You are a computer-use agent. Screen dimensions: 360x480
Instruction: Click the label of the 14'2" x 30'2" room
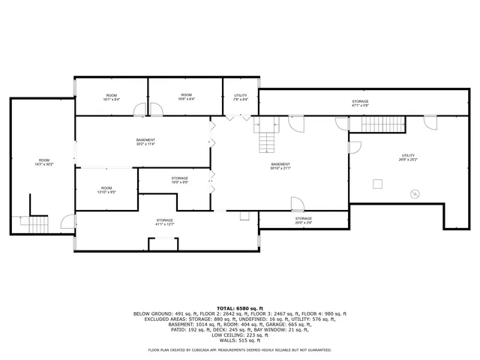pos(44,162)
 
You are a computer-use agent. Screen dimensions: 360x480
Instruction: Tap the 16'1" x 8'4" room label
pos(111,97)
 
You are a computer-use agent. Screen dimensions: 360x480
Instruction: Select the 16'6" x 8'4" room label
pos(186,97)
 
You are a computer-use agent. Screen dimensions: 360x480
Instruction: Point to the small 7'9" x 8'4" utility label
pos(241,97)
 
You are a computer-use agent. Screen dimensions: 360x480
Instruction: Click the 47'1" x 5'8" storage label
pos(360,103)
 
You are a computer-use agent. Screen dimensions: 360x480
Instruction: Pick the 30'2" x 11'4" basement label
pos(145,142)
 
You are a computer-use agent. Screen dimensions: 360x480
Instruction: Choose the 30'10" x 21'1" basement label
pos(280,166)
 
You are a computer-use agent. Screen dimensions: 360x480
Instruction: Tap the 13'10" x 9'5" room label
pos(106,190)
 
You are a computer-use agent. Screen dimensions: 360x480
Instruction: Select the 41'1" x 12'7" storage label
pos(164,221)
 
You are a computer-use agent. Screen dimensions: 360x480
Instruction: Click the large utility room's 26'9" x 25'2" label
pos(408,157)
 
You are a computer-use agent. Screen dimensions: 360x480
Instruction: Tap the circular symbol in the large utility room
pos(413,193)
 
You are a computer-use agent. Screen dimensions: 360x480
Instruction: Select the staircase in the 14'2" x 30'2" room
pos(34,223)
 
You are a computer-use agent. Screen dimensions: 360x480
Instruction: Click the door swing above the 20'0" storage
pos(297,203)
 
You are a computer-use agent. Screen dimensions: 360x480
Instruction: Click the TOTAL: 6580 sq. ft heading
pos(240,308)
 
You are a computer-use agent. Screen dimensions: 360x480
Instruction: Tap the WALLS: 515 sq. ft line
pos(240,340)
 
